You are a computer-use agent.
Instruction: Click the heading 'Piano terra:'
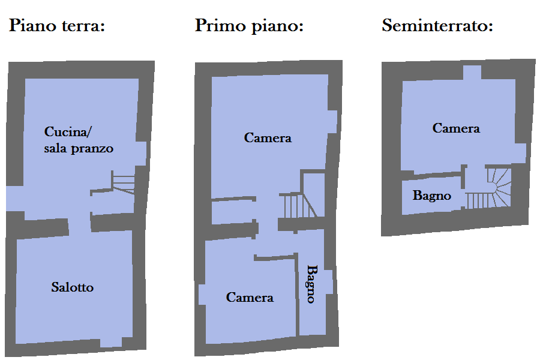click(x=57, y=26)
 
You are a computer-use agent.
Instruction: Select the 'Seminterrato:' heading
click(x=437, y=25)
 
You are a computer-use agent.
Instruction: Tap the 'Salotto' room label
click(x=73, y=287)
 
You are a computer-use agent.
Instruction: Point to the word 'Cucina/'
click(x=68, y=131)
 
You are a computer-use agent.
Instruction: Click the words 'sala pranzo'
click(x=79, y=148)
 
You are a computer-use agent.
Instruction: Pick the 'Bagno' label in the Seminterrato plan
click(x=432, y=196)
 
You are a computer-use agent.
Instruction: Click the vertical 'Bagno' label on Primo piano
click(x=312, y=284)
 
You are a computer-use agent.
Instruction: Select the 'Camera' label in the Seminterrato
click(x=456, y=128)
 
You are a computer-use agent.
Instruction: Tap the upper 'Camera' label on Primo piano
click(x=268, y=138)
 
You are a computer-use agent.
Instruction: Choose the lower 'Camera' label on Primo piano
click(x=250, y=298)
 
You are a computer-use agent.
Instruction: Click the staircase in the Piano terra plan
click(x=123, y=182)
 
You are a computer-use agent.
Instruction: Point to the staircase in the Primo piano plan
click(x=298, y=205)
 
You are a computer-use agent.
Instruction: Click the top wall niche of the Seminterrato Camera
click(x=472, y=73)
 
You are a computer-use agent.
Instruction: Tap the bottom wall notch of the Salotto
click(x=111, y=343)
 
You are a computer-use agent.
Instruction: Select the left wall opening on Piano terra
click(x=14, y=199)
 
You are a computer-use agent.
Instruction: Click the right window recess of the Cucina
click(x=141, y=154)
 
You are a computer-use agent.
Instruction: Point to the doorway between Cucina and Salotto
click(x=80, y=226)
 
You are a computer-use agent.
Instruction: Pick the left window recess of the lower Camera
click(x=202, y=295)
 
